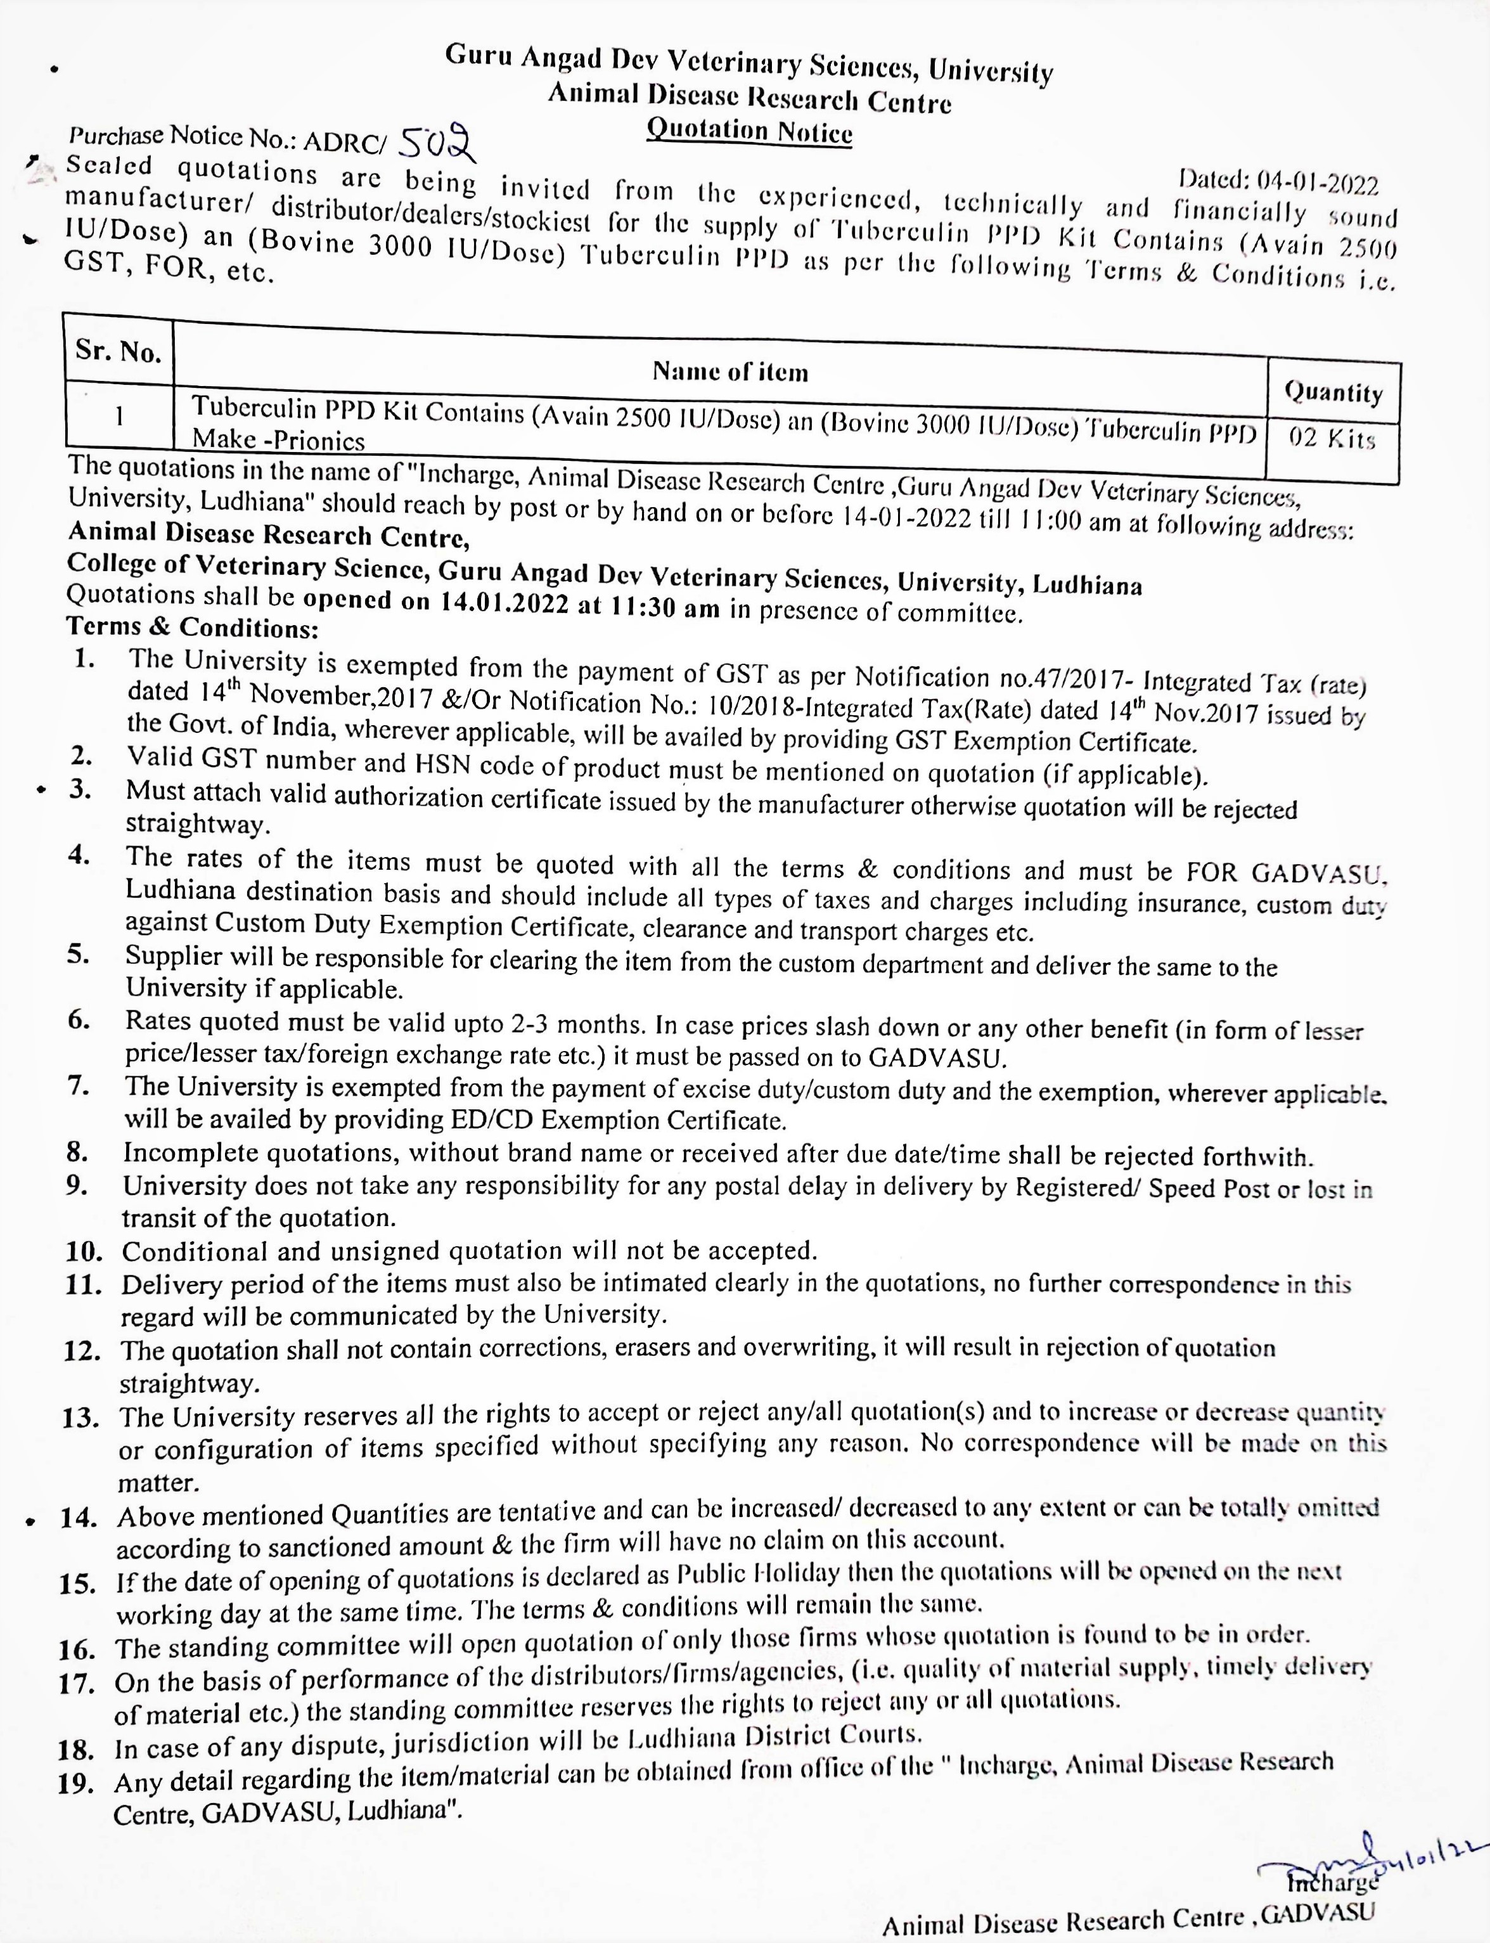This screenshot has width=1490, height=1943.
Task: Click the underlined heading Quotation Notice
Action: coord(749,131)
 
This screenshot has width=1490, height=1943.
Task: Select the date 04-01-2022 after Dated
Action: coord(1316,184)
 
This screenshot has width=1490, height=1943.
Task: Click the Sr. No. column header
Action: coord(118,351)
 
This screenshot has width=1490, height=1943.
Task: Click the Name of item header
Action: coord(730,371)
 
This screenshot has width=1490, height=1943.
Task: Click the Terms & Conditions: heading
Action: coord(193,626)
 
